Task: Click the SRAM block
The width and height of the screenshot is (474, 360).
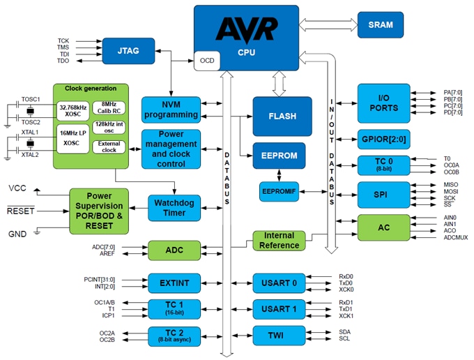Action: tap(380, 24)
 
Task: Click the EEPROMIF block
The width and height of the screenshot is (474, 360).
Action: tap(278, 190)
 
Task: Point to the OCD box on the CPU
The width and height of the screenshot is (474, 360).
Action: tap(207, 61)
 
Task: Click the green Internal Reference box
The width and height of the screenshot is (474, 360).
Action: tap(279, 240)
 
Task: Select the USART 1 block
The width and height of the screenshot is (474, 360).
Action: tap(279, 308)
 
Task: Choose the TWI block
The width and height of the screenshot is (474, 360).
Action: tap(279, 335)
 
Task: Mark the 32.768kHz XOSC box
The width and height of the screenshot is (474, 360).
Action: tap(74, 110)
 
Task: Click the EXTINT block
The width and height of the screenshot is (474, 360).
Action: tap(174, 283)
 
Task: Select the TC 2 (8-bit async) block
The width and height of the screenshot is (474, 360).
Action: tap(174, 336)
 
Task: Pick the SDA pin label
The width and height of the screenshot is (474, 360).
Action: tap(346, 331)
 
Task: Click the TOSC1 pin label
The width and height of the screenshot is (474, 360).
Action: tap(30, 99)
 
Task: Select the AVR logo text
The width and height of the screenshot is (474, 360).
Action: tap(246, 30)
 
